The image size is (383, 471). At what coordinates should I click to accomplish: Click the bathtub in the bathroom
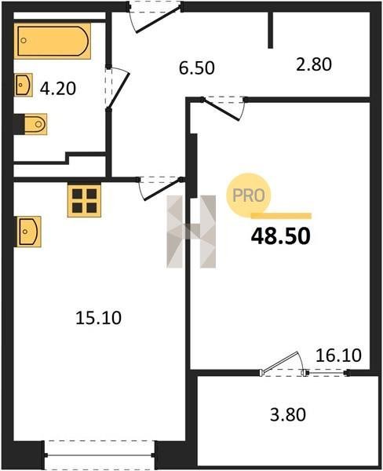[x=53, y=41]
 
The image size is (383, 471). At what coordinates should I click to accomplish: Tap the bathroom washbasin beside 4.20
[x=24, y=85]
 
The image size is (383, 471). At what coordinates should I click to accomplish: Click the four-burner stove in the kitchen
[x=84, y=200]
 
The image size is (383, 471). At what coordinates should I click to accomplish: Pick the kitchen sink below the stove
[x=28, y=232]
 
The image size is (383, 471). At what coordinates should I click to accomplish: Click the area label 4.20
[x=58, y=89]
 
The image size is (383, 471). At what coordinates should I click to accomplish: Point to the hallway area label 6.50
[x=197, y=68]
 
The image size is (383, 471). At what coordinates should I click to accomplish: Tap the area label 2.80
[x=314, y=64]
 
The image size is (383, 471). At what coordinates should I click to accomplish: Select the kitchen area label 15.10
[x=99, y=318]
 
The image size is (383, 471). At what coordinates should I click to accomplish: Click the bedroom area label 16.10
[x=338, y=356]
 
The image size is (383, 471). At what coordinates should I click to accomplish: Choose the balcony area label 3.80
[x=288, y=414]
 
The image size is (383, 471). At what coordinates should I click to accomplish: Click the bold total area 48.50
[x=280, y=236]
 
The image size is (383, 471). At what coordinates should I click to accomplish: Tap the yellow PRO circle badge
[x=249, y=195]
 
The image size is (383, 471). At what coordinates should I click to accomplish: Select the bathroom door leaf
[x=119, y=89]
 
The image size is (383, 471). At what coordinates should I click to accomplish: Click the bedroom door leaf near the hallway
[x=221, y=110]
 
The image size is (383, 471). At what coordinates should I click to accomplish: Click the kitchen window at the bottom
[x=100, y=455]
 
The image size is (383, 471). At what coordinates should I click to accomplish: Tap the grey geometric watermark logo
[x=191, y=232]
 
